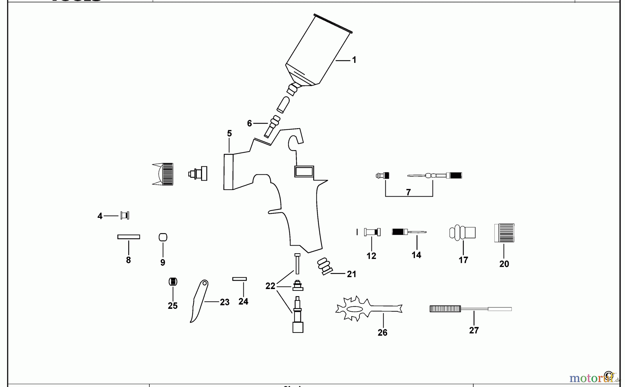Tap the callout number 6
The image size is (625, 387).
(x=249, y=123)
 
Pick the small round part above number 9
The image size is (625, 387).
(x=163, y=238)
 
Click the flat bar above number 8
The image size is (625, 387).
(x=128, y=237)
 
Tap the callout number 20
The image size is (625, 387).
(x=504, y=264)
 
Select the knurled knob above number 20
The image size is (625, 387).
(x=504, y=233)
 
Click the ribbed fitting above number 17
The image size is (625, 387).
(x=462, y=233)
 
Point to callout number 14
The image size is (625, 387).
(x=416, y=255)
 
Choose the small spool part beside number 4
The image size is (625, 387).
(x=125, y=216)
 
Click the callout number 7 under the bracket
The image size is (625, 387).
(x=408, y=192)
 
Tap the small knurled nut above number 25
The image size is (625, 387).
(x=173, y=281)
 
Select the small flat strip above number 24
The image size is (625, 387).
(x=240, y=279)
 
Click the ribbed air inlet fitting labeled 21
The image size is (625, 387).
(x=325, y=266)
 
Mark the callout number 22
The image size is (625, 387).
(x=270, y=286)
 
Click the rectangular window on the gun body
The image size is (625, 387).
(x=304, y=172)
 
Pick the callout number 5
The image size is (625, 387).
(x=230, y=133)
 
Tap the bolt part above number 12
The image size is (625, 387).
(x=372, y=232)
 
